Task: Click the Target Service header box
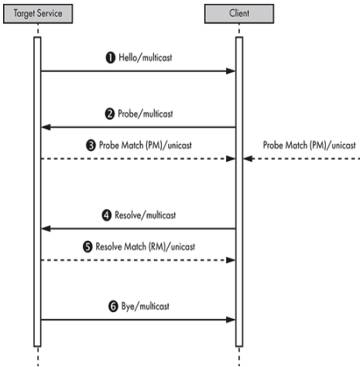coord(38,14)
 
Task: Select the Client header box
coord(239,14)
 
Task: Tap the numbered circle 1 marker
coord(111,57)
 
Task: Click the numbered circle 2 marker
coord(110,114)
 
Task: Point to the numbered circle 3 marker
coord(91,146)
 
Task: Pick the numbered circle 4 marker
coord(107,215)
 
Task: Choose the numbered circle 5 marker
coord(87,247)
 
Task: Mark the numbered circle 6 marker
coord(113,307)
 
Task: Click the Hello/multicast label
coord(146,57)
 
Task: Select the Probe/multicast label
coord(146,114)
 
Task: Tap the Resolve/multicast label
coord(146,215)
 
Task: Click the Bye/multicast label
coord(146,307)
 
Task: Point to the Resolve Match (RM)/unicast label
coord(146,247)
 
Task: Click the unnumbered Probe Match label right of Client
coord(309,146)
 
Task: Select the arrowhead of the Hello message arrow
coord(231,71)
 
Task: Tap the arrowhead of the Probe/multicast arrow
coord(46,127)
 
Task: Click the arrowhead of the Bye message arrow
coord(231,320)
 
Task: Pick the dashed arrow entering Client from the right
coord(301,159)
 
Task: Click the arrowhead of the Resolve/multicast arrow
coord(46,228)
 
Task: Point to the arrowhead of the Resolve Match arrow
coord(231,260)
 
